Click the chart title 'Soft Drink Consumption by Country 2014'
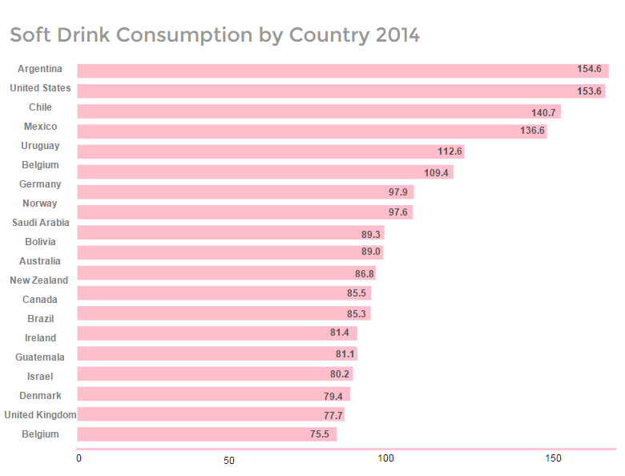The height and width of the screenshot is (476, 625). [x=215, y=35]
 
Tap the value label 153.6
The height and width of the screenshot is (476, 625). [x=589, y=91]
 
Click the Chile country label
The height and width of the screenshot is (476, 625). [x=40, y=107]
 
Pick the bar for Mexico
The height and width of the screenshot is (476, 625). [x=312, y=131]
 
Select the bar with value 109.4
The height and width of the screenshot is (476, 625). [x=265, y=172]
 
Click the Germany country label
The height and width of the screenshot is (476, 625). [x=40, y=184]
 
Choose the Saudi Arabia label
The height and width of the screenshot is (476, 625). [x=40, y=223]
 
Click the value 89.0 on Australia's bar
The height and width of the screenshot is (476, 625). [x=371, y=252]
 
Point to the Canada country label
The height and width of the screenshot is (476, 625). [x=40, y=300]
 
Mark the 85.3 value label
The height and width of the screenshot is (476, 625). [x=357, y=313]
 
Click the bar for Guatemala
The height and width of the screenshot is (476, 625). [x=216, y=353]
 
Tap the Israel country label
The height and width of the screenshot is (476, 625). [x=40, y=377]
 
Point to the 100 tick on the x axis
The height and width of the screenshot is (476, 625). [x=386, y=459]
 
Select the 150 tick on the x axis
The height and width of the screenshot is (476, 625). [x=553, y=459]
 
